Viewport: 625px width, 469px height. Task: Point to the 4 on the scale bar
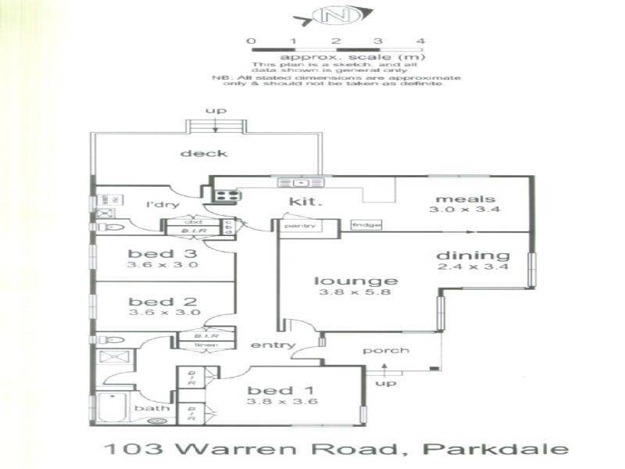[420, 41]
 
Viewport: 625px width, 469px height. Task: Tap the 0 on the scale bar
[250, 41]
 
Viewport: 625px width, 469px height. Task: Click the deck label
[204, 153]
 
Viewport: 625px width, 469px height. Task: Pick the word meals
[455, 199]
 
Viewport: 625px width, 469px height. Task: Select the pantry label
[299, 226]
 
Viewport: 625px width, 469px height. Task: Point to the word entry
[273, 345]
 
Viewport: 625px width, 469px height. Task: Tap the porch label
[385, 350]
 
